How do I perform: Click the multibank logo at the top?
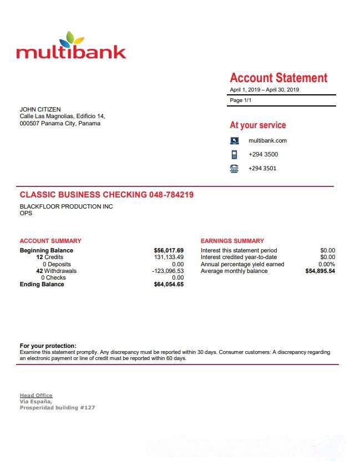(x=71, y=47)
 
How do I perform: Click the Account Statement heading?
(x=278, y=78)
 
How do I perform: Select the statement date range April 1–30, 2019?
(x=264, y=90)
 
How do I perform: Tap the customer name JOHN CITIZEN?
(x=40, y=109)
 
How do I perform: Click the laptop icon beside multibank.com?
(x=234, y=141)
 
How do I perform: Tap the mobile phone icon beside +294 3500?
(x=234, y=155)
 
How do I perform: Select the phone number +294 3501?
(x=263, y=169)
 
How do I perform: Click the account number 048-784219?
(x=171, y=195)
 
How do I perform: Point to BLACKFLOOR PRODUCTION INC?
(x=66, y=207)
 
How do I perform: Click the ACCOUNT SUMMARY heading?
(x=50, y=241)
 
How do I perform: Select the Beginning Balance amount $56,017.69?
(x=169, y=251)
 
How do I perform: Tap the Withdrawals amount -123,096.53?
(x=168, y=271)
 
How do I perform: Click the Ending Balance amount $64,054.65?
(x=169, y=285)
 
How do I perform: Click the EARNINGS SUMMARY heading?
(x=232, y=241)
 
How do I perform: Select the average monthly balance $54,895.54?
(x=320, y=271)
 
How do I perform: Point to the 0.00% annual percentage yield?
(x=327, y=265)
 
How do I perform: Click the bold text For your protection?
(x=48, y=346)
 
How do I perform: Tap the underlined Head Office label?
(x=36, y=396)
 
